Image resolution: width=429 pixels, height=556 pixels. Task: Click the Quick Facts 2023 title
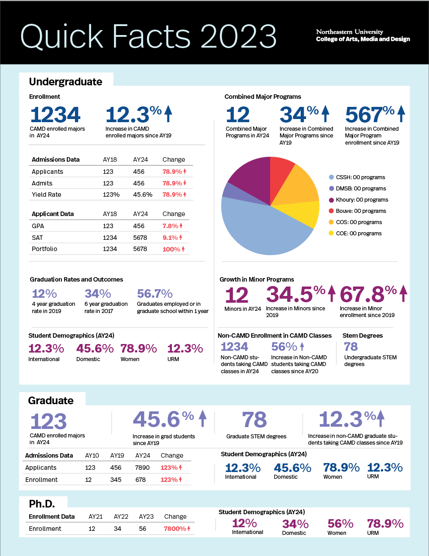click(x=148, y=36)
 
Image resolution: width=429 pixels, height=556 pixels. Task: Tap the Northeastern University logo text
click(x=363, y=35)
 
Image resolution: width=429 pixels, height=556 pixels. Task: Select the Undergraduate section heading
click(x=66, y=82)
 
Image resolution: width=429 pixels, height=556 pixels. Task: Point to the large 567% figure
click(x=369, y=115)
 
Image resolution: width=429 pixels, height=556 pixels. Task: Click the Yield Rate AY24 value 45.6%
click(x=143, y=194)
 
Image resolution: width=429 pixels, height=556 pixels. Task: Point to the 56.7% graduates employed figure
click(x=155, y=294)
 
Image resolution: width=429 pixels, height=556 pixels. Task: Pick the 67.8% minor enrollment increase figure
click(x=368, y=295)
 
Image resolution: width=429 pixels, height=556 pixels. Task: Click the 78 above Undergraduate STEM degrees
click(x=351, y=347)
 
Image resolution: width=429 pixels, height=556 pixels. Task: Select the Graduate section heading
click(x=51, y=401)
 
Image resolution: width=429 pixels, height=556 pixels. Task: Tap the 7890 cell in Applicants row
click(x=142, y=468)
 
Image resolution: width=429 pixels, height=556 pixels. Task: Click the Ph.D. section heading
click(x=42, y=504)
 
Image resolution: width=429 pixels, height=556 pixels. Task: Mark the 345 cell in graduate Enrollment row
click(x=116, y=480)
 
